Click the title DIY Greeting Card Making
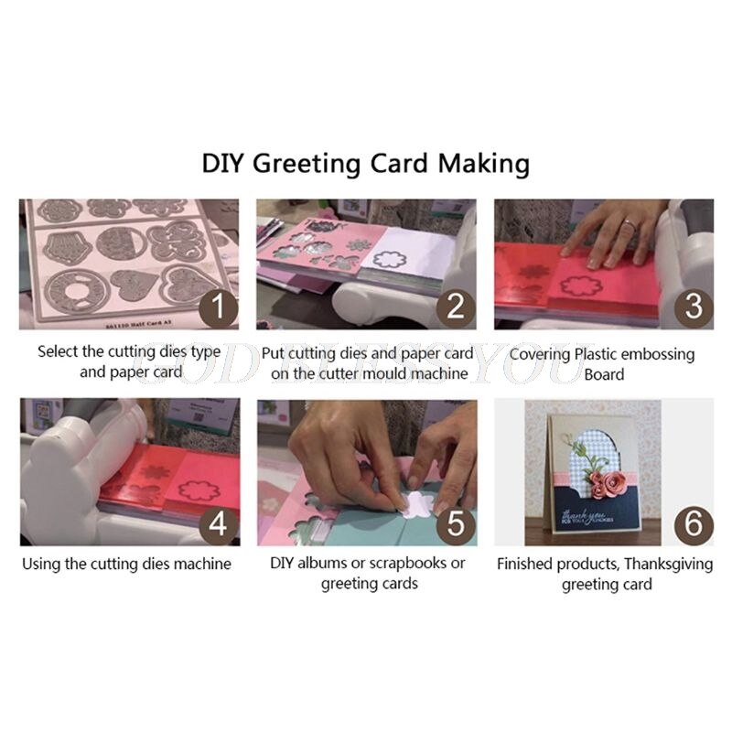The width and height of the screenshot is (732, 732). pyautogui.click(x=366, y=164)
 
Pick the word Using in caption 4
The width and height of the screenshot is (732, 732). pyautogui.click(x=43, y=565)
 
